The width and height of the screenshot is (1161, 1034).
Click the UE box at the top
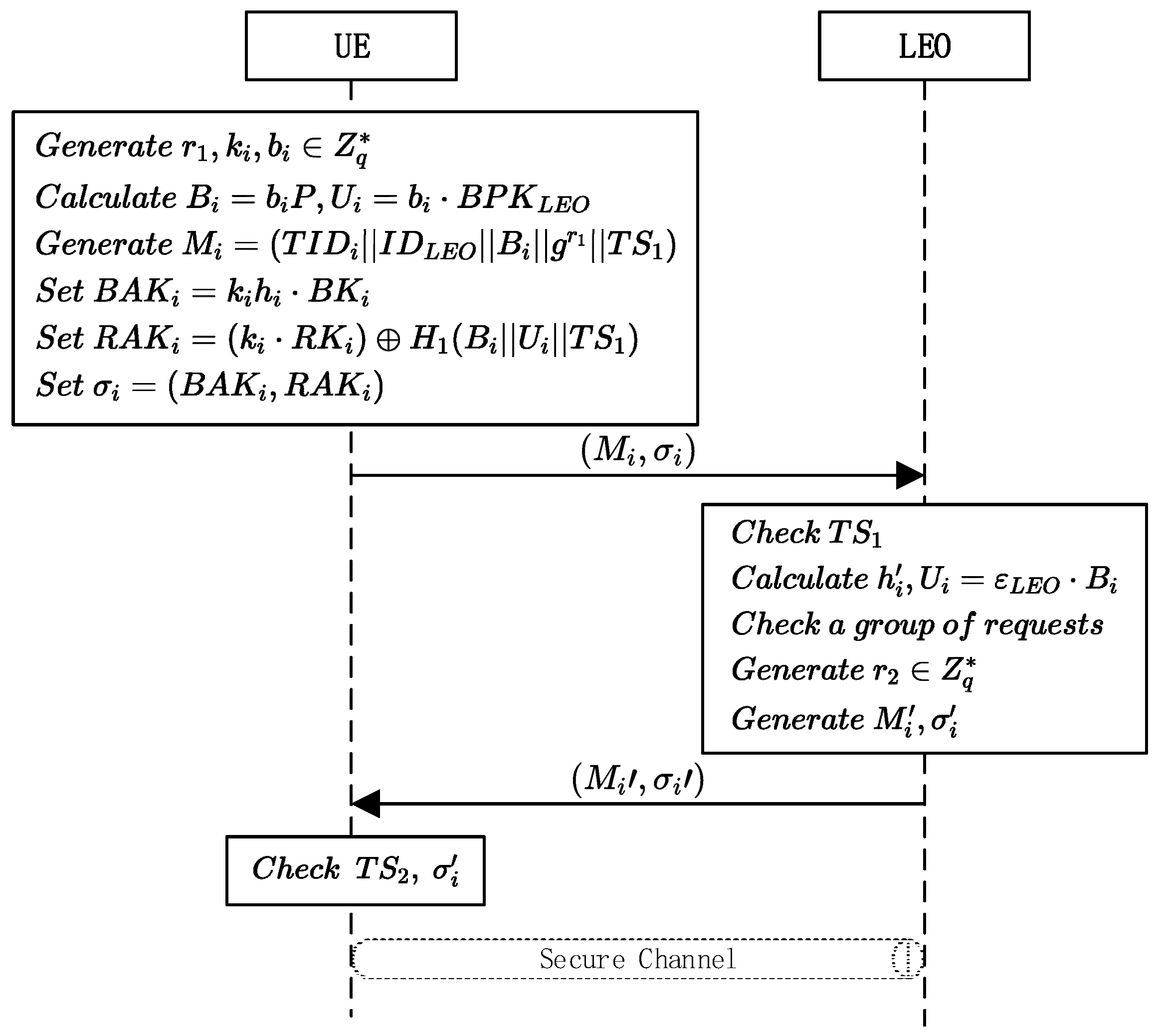pyautogui.click(x=351, y=46)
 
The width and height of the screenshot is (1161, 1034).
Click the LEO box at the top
pyautogui.click(x=924, y=46)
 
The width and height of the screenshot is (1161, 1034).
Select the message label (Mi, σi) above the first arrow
pyautogui.click(x=638, y=451)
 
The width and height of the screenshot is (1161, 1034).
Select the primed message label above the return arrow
pyautogui.click(x=638, y=779)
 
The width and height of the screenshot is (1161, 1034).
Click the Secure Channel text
pyautogui.click(x=638, y=959)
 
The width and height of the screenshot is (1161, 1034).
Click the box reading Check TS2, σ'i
pyautogui.click(x=355, y=870)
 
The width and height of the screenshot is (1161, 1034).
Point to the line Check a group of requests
pyautogui.click(x=917, y=625)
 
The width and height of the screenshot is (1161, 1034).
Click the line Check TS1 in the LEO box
pyautogui.click(x=806, y=533)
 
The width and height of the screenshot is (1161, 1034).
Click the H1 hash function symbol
pyautogui.click(x=429, y=339)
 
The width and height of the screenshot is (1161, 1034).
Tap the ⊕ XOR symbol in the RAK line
pyautogui.click(x=388, y=340)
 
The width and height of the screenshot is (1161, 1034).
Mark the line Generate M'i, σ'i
pyautogui.click(x=844, y=720)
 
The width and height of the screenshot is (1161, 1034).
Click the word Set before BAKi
pyautogui.click(x=60, y=291)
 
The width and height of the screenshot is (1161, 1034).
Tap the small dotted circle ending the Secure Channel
pyautogui.click(x=907, y=959)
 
